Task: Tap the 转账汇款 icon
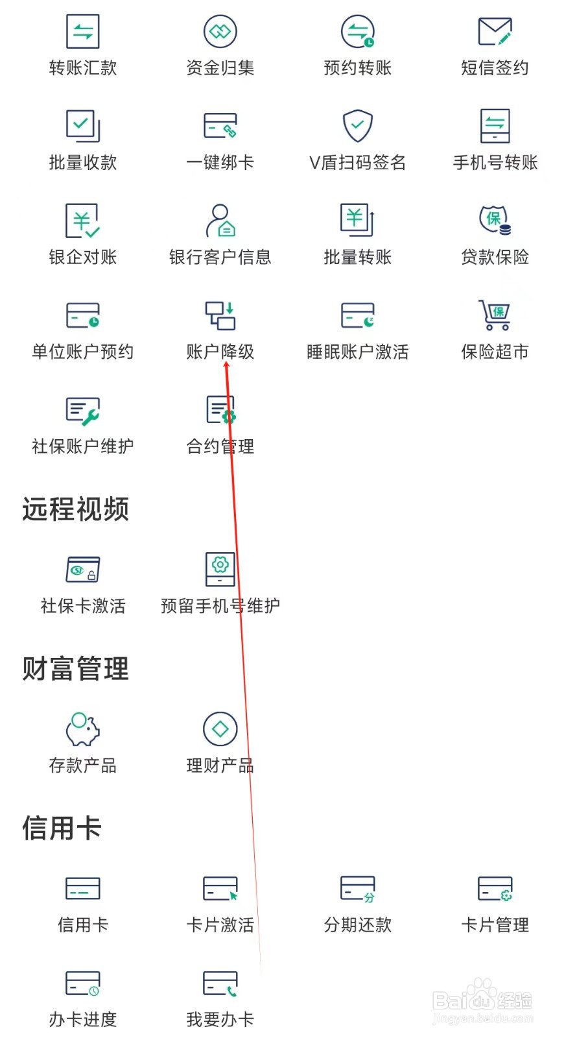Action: coord(83,31)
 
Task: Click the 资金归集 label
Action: coord(220,67)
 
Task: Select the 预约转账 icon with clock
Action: coord(358,31)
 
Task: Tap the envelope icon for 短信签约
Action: coord(495,31)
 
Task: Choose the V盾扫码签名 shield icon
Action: coord(358,125)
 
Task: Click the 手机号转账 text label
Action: coord(495,162)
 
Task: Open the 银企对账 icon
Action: coord(83,221)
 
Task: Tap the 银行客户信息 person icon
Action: coord(220,221)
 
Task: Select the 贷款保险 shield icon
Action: coord(495,221)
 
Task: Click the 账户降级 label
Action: coord(220,352)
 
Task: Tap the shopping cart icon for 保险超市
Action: coord(495,315)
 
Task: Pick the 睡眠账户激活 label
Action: coord(358,352)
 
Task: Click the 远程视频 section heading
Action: coord(76,509)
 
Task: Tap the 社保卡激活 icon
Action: coord(83,570)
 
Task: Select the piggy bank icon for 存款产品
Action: coord(83,729)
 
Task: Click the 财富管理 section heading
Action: coord(76,669)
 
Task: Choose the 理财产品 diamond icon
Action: coord(220,729)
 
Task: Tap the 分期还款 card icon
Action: coord(358,889)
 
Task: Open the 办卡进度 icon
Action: coord(83,984)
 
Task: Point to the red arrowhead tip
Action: coord(226,363)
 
